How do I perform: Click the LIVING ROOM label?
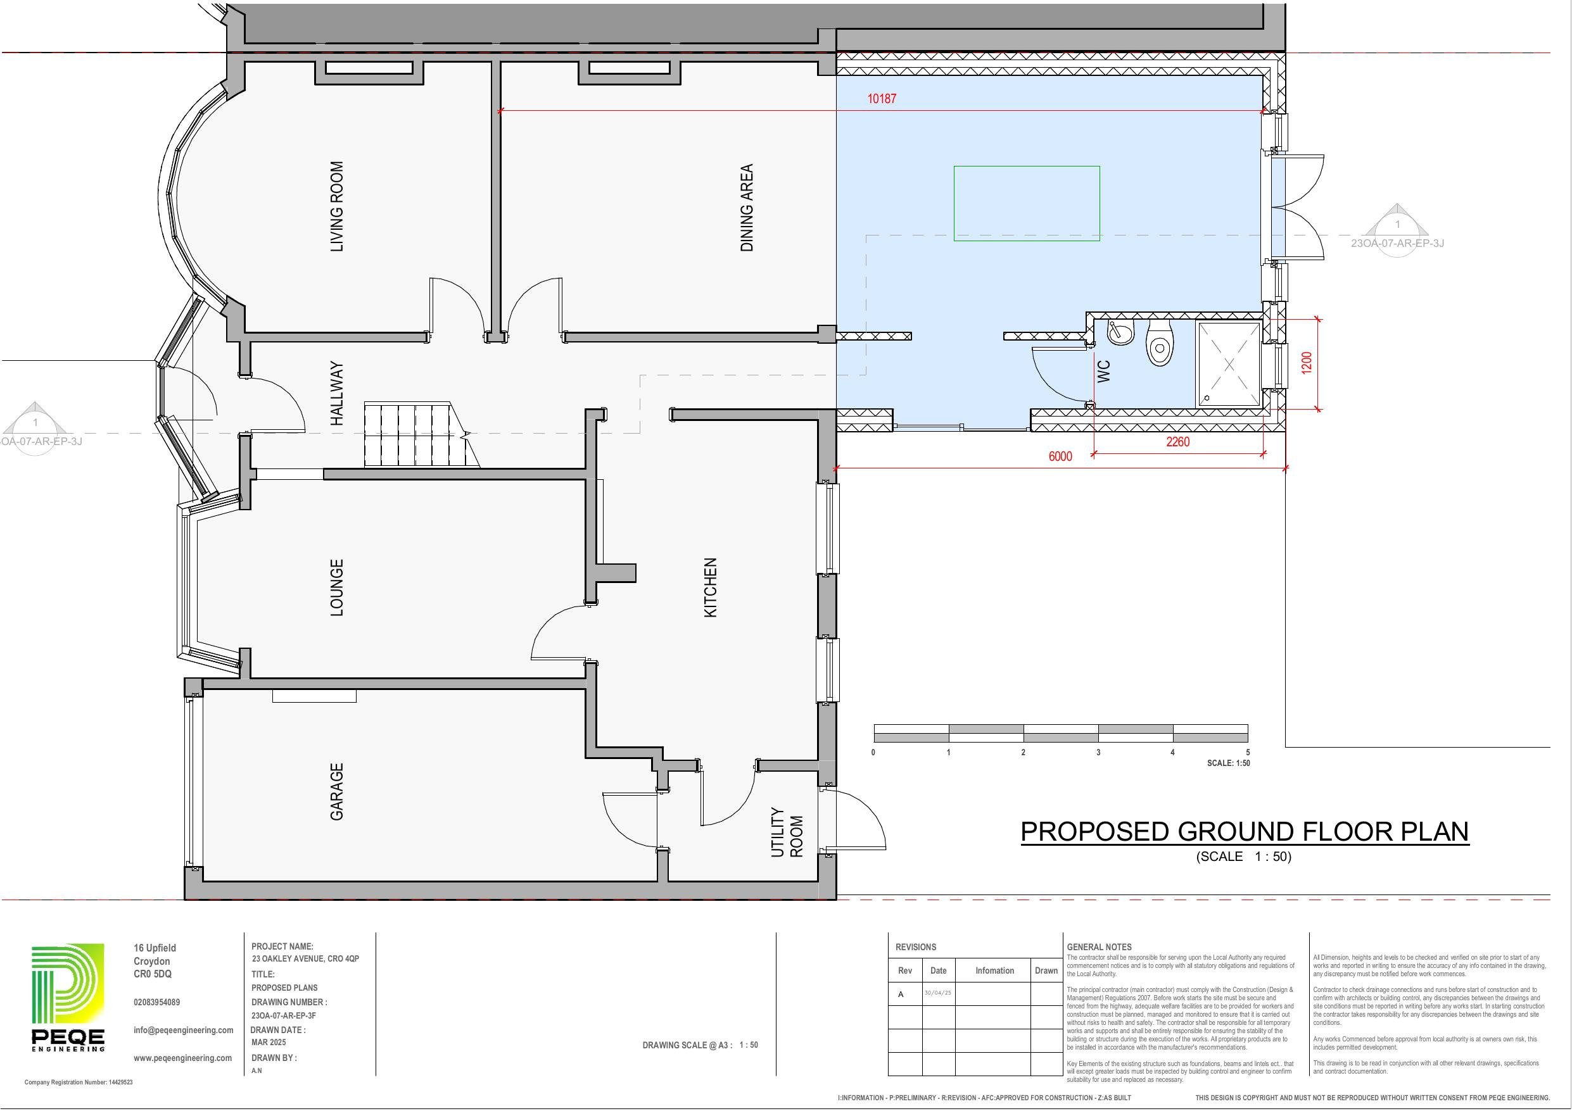click(337, 207)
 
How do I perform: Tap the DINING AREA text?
click(747, 208)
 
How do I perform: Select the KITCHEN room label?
click(711, 587)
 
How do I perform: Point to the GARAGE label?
click(337, 791)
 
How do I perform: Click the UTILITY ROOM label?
click(787, 832)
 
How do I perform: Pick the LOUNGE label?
click(337, 587)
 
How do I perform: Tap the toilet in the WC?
click(1159, 344)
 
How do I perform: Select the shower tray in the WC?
click(1228, 364)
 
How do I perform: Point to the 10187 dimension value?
click(881, 99)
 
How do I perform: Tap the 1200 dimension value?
click(1307, 363)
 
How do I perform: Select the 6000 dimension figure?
click(1060, 456)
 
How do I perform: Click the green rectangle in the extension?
click(1026, 203)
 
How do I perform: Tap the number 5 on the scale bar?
click(1248, 752)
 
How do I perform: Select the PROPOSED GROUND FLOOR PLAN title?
click(1244, 831)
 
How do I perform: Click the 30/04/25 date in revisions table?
click(937, 993)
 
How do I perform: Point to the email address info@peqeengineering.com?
click(184, 1029)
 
